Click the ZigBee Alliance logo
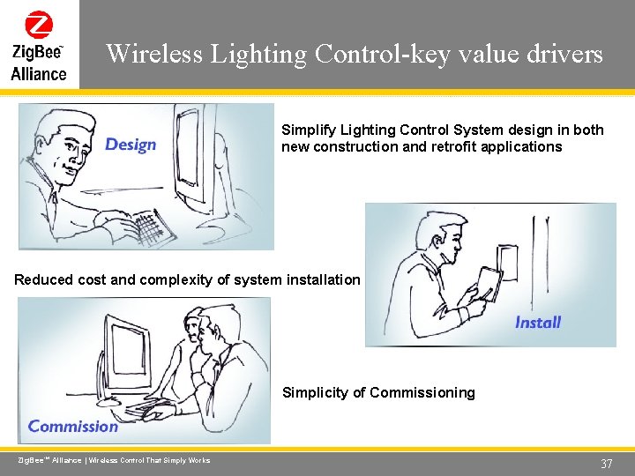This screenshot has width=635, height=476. [39, 45]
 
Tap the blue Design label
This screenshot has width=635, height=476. [131, 145]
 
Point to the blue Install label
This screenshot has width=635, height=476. [537, 323]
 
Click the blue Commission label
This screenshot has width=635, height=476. [73, 427]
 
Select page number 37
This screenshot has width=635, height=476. [606, 465]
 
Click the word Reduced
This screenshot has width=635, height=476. [43, 280]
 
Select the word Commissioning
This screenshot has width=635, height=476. [422, 393]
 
